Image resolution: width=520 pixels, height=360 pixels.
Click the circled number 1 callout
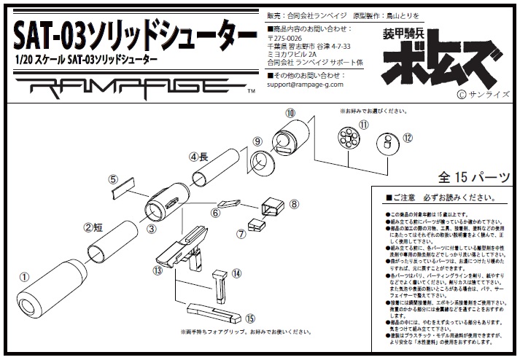click(x=23, y=277)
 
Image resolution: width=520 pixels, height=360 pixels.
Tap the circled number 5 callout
click(x=113, y=179)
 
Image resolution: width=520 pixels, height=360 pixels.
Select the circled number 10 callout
click(x=290, y=113)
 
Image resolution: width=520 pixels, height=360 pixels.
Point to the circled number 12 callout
click(x=408, y=136)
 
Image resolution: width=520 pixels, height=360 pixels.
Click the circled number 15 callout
click(x=250, y=317)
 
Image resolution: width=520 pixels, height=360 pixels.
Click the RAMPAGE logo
click(x=134, y=90)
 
